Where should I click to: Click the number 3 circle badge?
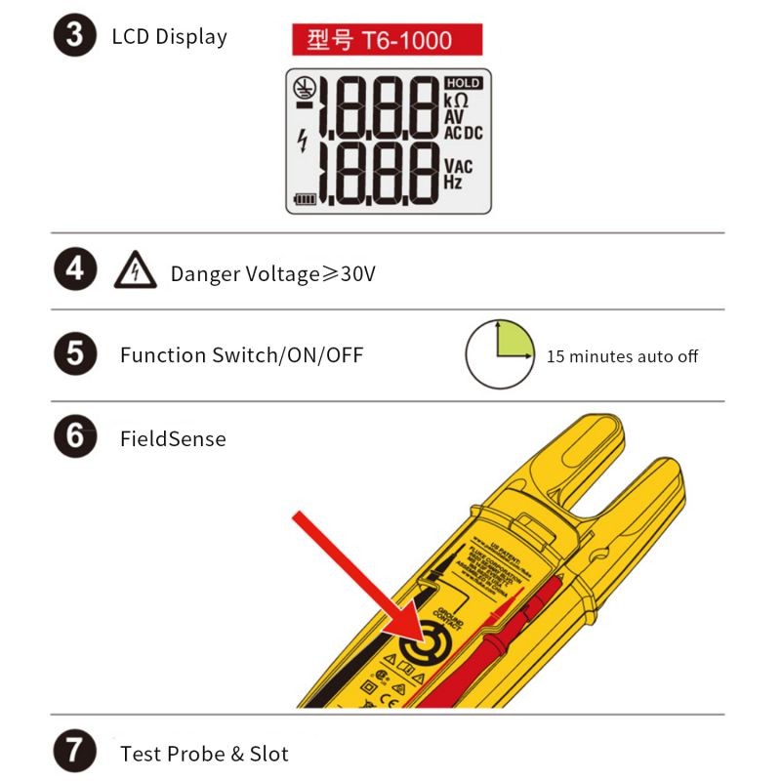coord(74,37)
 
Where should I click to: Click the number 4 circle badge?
coord(74,270)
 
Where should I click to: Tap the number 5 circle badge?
coord(74,354)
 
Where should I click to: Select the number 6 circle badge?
coord(74,437)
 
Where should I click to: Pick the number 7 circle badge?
coord(74,753)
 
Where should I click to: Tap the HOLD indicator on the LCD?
coord(463,84)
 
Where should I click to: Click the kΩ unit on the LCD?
coord(456,101)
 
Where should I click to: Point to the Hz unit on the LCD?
coord(453,183)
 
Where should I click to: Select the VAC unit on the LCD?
coord(458,167)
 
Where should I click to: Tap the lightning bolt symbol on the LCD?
coord(302,142)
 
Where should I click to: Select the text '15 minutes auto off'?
coord(622,356)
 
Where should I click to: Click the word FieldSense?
coord(173,439)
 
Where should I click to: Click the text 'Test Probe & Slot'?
coord(204,754)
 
